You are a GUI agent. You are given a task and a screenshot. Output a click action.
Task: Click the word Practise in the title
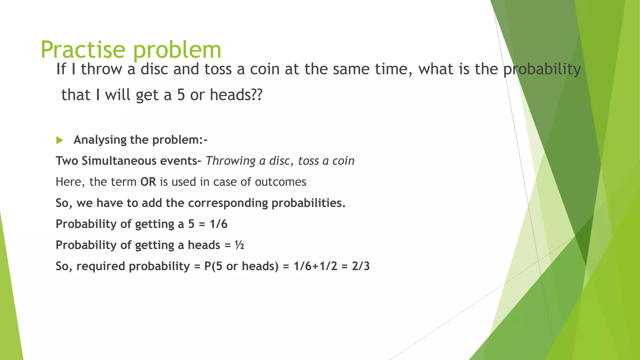pos(83,49)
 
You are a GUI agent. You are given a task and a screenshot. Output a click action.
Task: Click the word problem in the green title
pos(177,50)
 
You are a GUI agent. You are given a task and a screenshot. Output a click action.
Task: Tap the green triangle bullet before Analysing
pos(59,140)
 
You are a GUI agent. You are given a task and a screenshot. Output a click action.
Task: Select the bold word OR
pos(148,182)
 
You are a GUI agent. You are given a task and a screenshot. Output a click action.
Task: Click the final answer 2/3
pos(361,266)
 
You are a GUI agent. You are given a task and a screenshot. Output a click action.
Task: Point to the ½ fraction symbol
pos(239,245)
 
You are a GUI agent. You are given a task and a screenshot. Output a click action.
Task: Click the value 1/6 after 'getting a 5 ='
pos(218,224)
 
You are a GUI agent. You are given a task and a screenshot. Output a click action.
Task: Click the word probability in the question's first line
pos(542,69)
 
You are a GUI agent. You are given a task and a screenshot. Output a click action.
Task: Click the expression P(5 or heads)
pos(241,266)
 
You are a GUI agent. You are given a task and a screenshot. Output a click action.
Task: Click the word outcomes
pos(280,182)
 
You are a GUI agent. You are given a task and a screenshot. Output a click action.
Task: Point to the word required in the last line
pos(101,266)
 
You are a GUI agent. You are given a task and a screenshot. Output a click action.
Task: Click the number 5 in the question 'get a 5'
pos(181,95)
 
